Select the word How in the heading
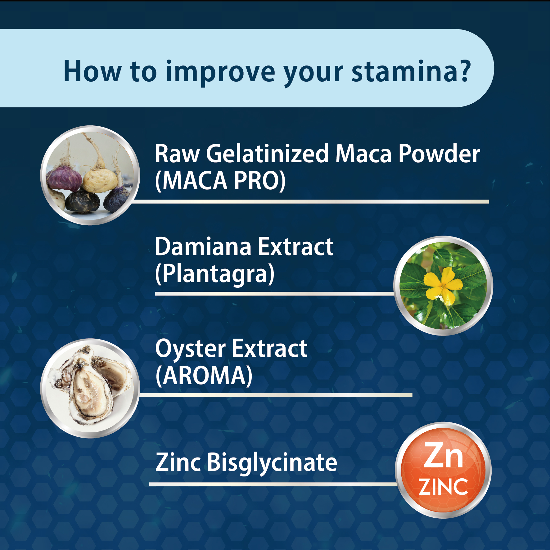coord(92,72)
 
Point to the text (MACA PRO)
coord(220,181)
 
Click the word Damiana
coord(203,247)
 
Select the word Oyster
coord(191,349)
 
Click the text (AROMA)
coord(204,376)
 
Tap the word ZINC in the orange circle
coord(443,487)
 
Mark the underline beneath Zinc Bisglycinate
coord(273,484)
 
